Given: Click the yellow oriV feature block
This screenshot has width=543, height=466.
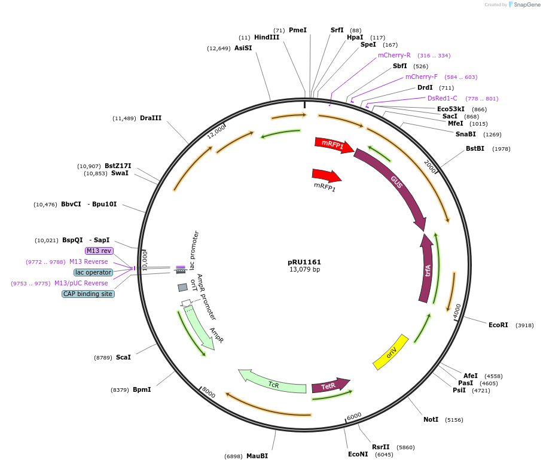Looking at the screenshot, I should coord(391,352).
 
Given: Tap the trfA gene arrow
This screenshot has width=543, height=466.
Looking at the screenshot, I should coord(426,269).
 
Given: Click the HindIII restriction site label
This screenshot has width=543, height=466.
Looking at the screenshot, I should coord(267,37).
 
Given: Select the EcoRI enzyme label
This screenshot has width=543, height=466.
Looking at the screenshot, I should coord(498,325).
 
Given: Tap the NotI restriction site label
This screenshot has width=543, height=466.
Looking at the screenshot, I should coord(431,419).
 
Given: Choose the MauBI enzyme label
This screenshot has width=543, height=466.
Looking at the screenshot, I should coord(257,456).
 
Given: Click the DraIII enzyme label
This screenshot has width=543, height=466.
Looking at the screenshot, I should coord(151,118).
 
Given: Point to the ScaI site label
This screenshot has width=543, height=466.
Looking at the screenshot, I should coord(123,357).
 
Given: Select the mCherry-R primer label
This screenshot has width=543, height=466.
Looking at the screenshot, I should coord(394,55).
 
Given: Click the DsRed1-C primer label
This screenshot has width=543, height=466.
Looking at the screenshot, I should coord(443,98).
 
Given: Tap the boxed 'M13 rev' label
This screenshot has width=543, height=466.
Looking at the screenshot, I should coord(99,251).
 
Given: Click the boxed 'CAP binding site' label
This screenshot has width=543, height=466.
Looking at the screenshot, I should coord(88,294).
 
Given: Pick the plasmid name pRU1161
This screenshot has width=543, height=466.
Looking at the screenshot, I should coord(304,262).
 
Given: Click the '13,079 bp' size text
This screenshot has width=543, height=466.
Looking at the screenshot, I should coord(304,270).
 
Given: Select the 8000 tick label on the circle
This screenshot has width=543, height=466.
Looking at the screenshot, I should coord(208,392).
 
